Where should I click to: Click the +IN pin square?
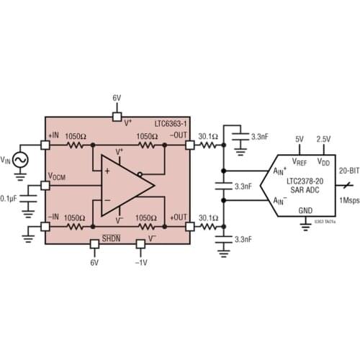point(44,145)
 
